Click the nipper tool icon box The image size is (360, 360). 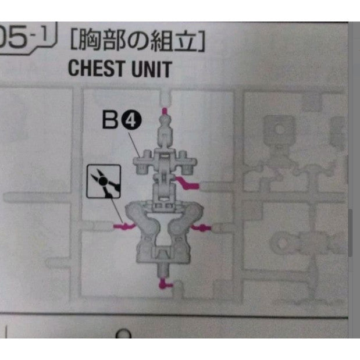click(x=104, y=181)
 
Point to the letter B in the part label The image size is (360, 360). click(x=111, y=120)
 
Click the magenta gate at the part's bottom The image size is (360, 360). click(x=165, y=284)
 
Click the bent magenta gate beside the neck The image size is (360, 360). click(x=190, y=185)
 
